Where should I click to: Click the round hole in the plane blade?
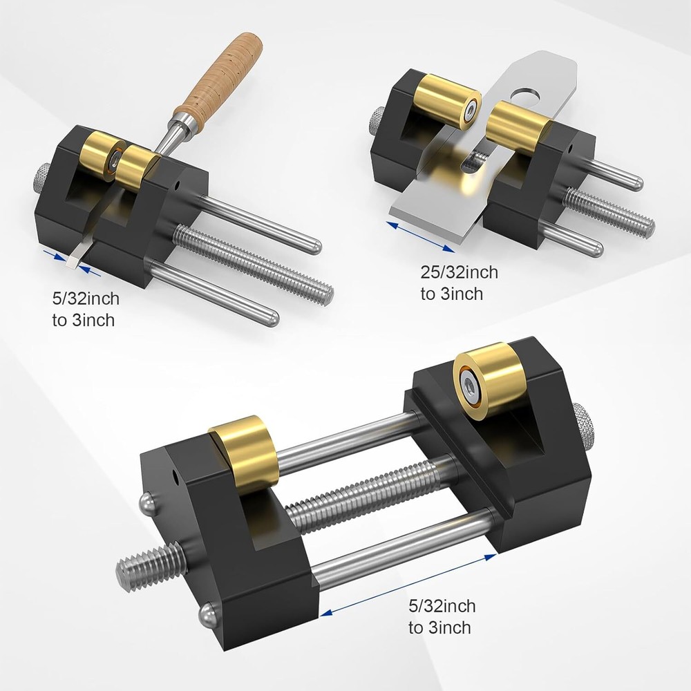click(x=529, y=93)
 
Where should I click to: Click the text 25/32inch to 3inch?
click(x=459, y=283)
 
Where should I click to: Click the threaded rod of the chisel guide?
click(x=256, y=263)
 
